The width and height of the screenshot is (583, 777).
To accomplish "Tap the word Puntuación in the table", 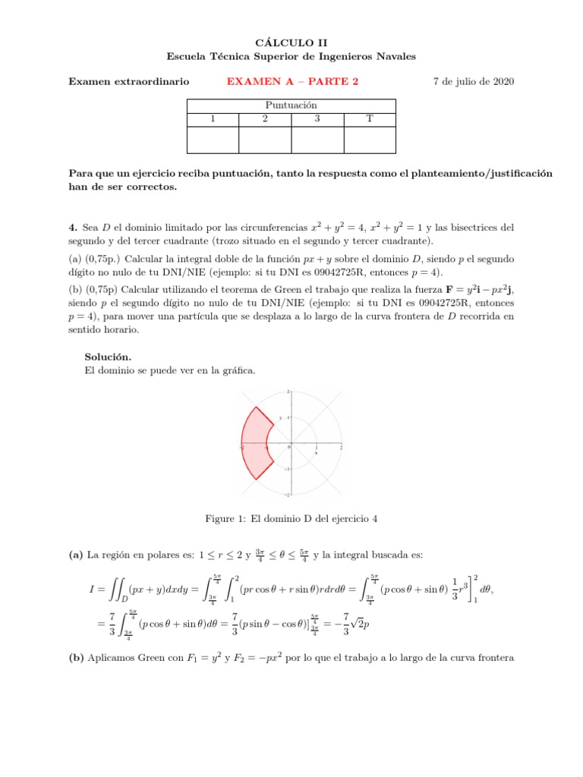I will (x=291, y=105).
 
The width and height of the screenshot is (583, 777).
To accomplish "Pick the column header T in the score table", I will (x=369, y=119).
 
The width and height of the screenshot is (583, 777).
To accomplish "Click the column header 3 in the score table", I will (x=317, y=119).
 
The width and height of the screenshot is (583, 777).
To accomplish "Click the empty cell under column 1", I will (x=213, y=140).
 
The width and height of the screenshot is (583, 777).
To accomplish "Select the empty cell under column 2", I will (x=265, y=140).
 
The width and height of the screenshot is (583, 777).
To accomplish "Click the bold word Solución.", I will (x=108, y=356).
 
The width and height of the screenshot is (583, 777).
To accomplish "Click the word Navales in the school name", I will (x=396, y=57).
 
